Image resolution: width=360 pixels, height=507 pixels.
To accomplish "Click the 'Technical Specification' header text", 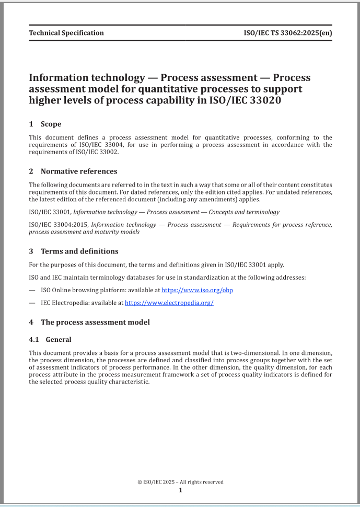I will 66,33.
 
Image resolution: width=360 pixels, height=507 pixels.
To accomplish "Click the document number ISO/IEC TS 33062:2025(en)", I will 288,33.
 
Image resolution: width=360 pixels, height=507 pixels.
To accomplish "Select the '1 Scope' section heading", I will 45,124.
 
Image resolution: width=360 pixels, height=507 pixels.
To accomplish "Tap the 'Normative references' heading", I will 78,171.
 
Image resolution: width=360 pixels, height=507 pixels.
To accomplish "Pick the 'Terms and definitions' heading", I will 79,251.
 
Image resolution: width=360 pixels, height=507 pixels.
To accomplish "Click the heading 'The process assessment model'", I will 95,322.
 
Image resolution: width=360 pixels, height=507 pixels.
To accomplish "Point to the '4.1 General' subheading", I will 50,339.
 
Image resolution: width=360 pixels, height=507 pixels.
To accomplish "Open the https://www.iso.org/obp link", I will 197,290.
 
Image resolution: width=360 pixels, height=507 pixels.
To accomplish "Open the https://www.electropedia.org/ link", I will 169,303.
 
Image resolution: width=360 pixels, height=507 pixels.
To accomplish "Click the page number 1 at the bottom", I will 180,490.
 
